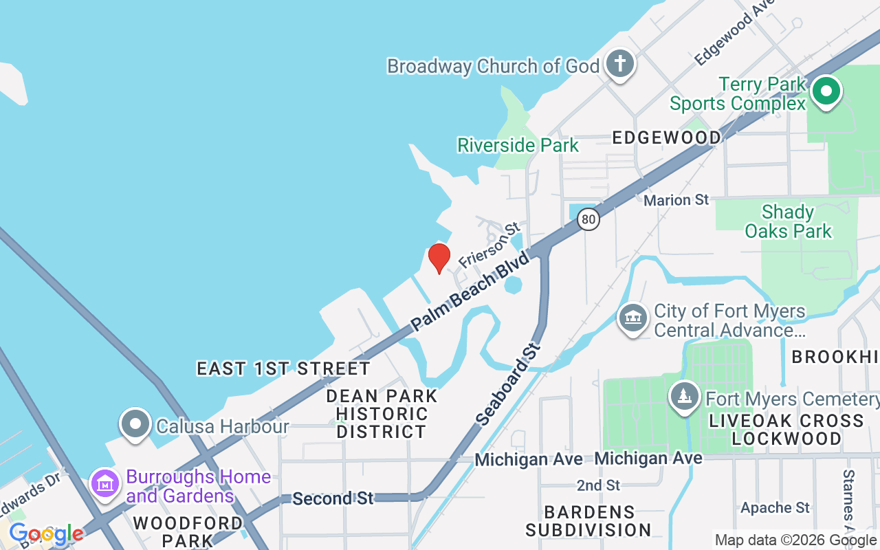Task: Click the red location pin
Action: click(x=439, y=258)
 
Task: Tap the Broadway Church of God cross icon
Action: click(x=620, y=65)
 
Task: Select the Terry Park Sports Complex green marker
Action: click(x=826, y=91)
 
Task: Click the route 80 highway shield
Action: click(x=588, y=219)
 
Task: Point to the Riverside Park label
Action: click(x=518, y=145)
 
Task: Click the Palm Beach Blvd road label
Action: click(x=471, y=291)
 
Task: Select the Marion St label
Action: click(x=676, y=200)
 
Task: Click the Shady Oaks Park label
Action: click(x=788, y=221)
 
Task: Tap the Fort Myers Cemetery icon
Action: click(x=684, y=397)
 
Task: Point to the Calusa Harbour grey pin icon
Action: click(x=135, y=424)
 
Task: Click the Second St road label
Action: click(x=333, y=498)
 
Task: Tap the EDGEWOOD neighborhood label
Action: click(x=666, y=137)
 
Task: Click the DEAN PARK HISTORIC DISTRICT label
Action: click(x=382, y=414)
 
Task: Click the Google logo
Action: click(x=46, y=534)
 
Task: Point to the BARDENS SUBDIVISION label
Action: click(x=588, y=521)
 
